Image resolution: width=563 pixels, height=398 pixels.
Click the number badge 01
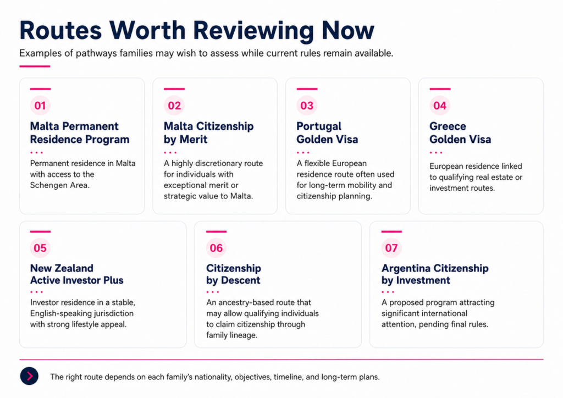tap(40, 106)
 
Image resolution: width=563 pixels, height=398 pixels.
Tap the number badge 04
tap(439, 106)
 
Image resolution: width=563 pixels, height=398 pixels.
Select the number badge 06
tap(216, 248)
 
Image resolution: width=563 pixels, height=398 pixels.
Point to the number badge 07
tap(391, 248)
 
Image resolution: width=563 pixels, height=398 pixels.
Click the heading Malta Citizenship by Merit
tap(208, 133)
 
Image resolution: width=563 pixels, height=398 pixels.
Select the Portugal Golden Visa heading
tap(327, 133)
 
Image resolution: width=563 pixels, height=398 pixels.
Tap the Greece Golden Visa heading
tap(460, 133)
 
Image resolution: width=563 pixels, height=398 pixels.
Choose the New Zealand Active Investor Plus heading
tap(77, 274)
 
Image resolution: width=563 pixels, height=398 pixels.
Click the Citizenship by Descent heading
tap(233, 274)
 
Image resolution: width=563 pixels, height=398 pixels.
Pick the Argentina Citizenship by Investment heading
tap(435, 274)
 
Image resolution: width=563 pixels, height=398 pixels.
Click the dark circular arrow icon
tap(29, 376)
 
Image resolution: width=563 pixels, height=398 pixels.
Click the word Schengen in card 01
tap(46, 185)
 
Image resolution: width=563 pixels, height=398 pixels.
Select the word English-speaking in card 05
tap(58, 314)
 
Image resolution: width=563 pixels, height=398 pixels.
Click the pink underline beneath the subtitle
tap(35, 67)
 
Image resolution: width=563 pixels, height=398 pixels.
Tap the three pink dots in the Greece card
tap(436, 152)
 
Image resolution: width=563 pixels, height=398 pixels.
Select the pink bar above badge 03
tap(307, 89)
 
